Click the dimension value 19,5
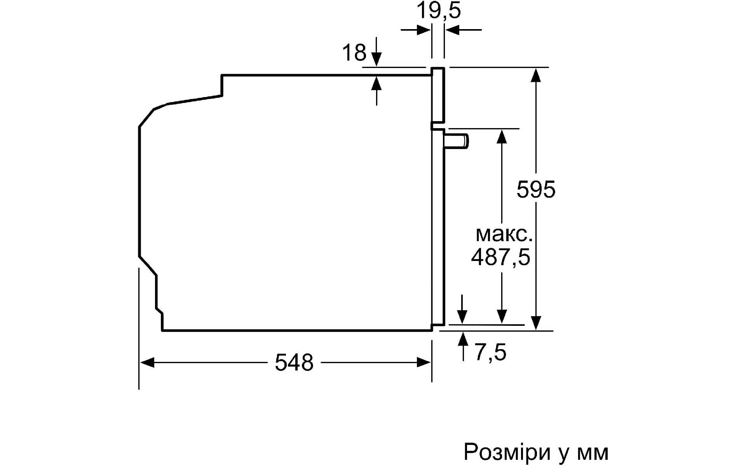pos(439,10)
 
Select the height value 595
pos(536,190)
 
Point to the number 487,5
pos(500,257)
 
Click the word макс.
pos(504,234)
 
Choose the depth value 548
pos(294,363)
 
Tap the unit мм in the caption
pos(593,453)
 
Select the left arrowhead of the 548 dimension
pos(147,363)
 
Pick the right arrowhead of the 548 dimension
pos(424,363)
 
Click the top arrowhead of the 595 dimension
pos(536,75)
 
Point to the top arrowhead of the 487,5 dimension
pos(502,136)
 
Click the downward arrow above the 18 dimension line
pos(376,52)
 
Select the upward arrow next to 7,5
pos(463,346)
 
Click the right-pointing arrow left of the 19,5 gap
pos(416,30)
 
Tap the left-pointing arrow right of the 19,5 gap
pos(464,30)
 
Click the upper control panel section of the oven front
pos(438,95)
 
